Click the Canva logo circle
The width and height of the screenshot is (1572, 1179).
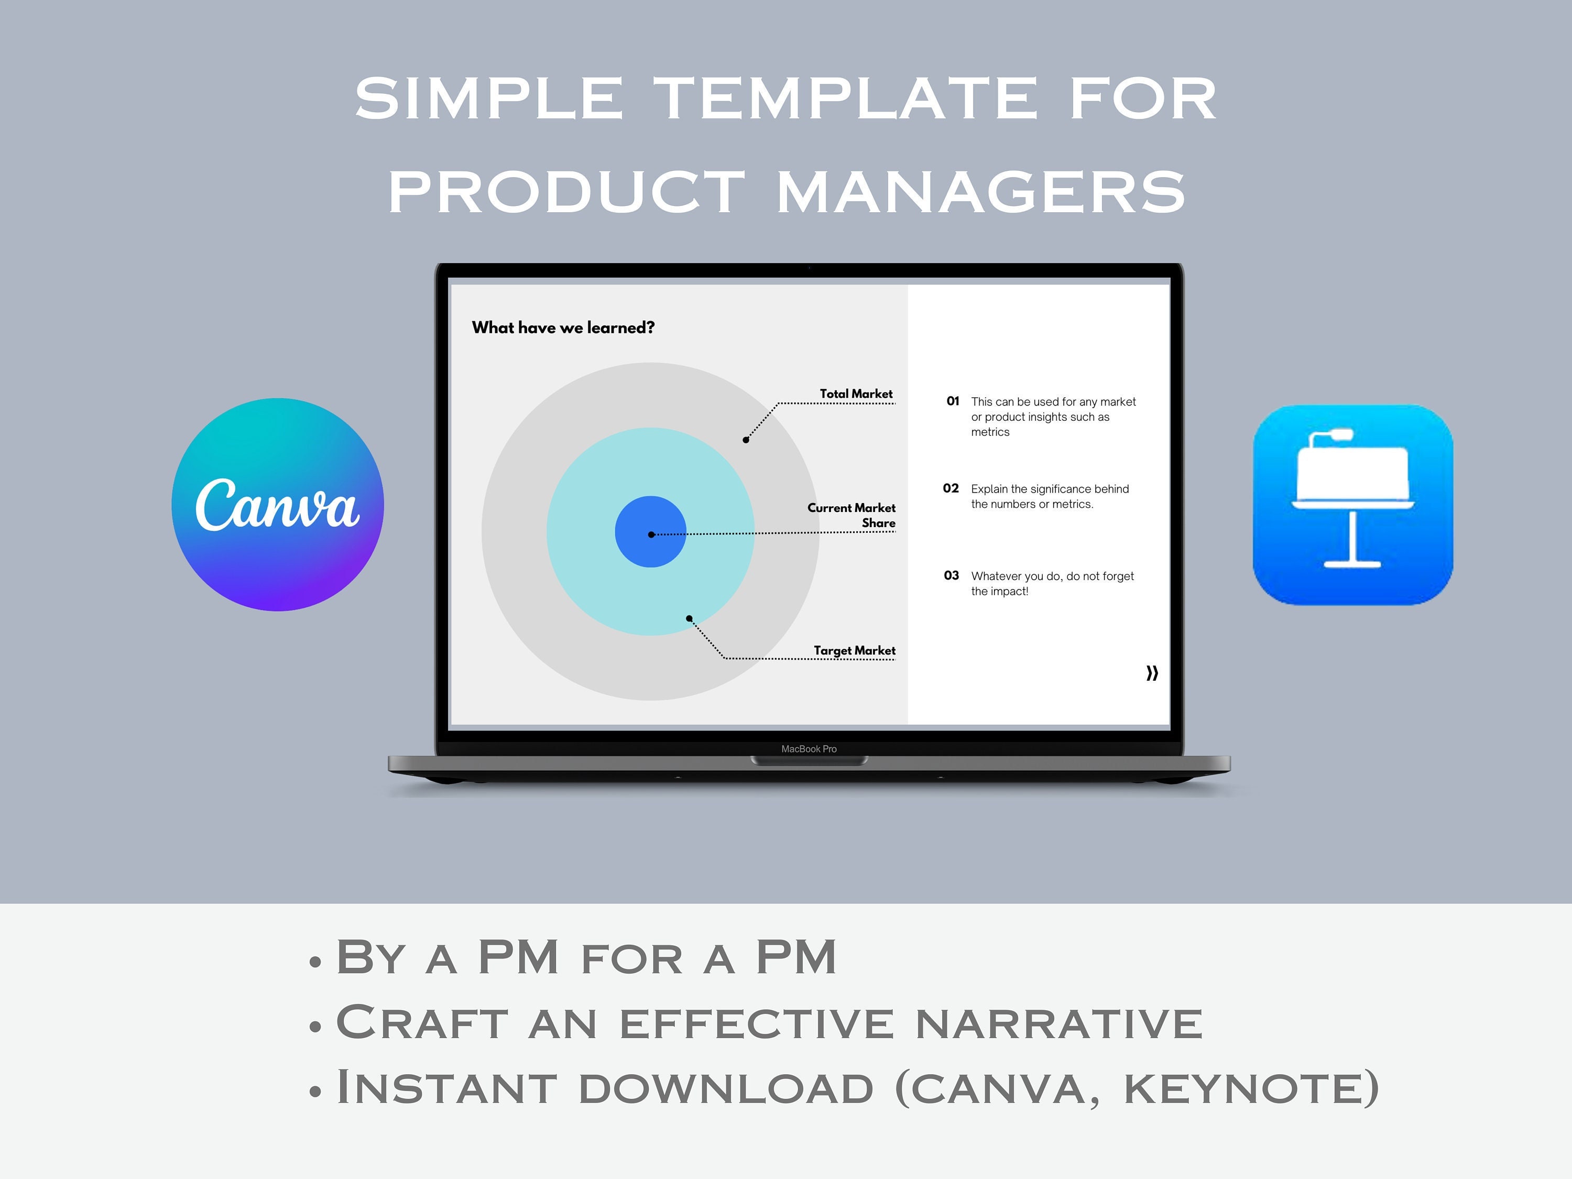tap(277, 505)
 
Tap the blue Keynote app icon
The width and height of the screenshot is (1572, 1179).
tap(1352, 505)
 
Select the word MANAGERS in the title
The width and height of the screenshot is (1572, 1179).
tap(981, 192)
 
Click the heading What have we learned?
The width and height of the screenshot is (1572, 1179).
tap(563, 327)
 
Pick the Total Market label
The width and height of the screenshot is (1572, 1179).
tap(856, 394)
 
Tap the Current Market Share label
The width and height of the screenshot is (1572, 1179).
tap(851, 515)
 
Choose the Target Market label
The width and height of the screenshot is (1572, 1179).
tap(854, 650)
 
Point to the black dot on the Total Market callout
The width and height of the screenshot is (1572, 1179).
tap(746, 440)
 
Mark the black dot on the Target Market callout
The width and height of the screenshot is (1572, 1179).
tap(689, 618)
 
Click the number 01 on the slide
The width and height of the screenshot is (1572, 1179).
tap(952, 401)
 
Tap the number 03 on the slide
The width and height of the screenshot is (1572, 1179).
tap(951, 576)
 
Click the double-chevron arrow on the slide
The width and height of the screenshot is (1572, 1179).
tap(1152, 672)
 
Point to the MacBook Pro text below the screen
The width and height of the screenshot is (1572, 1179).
tap(809, 749)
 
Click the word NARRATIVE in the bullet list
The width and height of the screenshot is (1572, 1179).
tap(1059, 1023)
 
